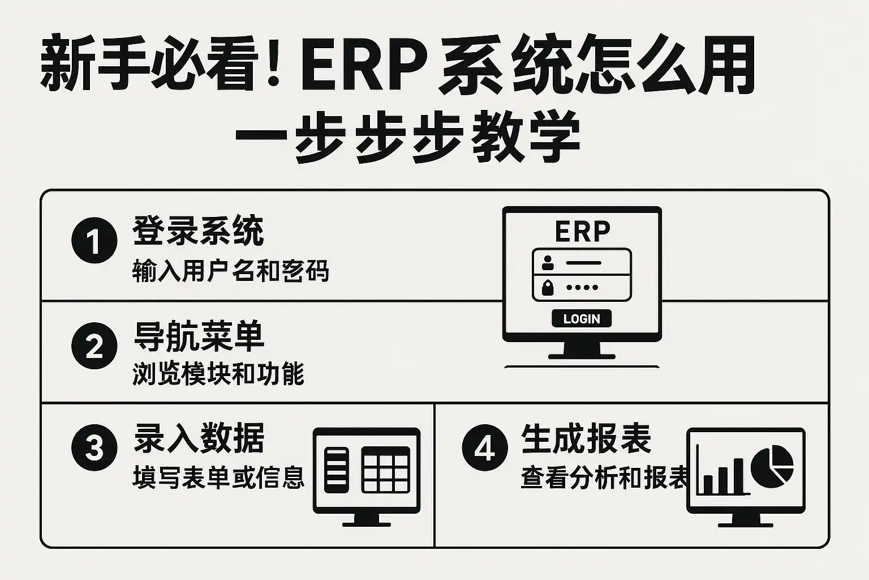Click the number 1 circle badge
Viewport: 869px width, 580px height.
click(x=94, y=240)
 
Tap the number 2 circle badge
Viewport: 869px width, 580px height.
click(x=94, y=346)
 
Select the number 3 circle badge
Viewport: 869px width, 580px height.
click(x=94, y=448)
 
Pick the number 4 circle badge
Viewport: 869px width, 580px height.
click(x=485, y=448)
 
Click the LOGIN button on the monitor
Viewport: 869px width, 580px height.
click(x=582, y=319)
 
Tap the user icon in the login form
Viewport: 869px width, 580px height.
click(x=547, y=263)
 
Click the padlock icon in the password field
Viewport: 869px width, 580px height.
click(x=547, y=287)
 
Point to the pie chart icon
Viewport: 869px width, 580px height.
click(x=772, y=466)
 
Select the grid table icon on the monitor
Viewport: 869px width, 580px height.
click(x=386, y=469)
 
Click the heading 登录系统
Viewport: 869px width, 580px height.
click(x=198, y=231)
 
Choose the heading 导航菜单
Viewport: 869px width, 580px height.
click(x=199, y=336)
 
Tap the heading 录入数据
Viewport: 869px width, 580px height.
click(x=199, y=438)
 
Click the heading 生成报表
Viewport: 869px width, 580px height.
click(x=586, y=438)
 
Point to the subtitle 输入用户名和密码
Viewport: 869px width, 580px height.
click(x=230, y=271)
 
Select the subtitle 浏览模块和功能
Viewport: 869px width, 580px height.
click(x=218, y=374)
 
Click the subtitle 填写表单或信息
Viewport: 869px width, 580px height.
click(x=218, y=477)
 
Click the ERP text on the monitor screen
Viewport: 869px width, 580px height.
click(x=582, y=231)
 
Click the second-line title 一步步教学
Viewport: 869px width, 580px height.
click(x=407, y=138)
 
